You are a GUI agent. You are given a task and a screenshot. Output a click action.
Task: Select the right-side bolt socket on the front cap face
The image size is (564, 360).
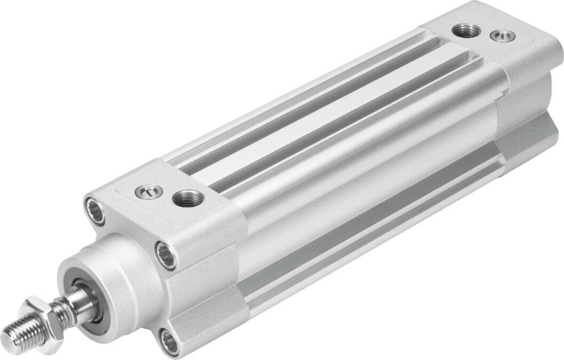tap(166, 254)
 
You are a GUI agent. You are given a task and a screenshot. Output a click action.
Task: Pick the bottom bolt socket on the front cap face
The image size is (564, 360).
tap(168, 341)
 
